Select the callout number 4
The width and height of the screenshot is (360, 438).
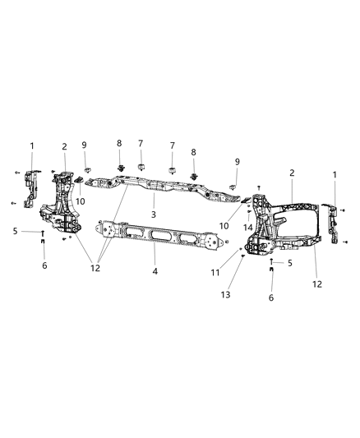pyautogui.click(x=154, y=269)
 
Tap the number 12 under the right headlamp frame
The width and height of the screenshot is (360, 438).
pyautogui.click(x=317, y=284)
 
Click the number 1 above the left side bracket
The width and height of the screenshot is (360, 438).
pyautogui.click(x=32, y=146)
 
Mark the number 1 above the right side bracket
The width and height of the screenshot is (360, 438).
pyautogui.click(x=335, y=174)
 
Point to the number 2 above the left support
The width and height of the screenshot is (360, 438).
pyautogui.click(x=63, y=147)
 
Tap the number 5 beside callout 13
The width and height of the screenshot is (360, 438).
pyautogui.click(x=288, y=263)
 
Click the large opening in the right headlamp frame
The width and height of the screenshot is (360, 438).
pyautogui.click(x=295, y=220)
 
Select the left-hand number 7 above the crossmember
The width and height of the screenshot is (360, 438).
pyautogui.click(x=141, y=144)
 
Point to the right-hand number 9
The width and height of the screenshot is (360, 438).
pyautogui.click(x=237, y=162)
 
